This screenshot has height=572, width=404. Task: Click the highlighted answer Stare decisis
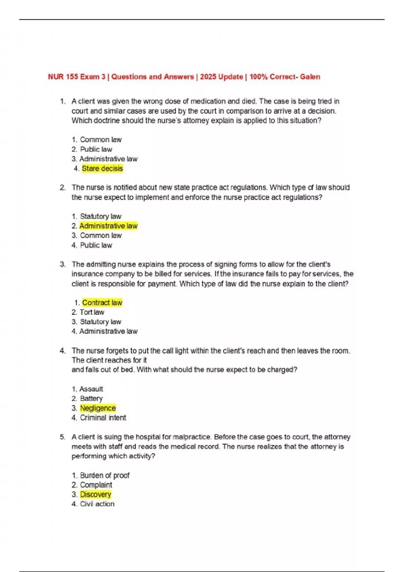(102, 168)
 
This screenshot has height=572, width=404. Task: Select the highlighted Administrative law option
(108, 226)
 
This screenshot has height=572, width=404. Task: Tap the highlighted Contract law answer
(102, 302)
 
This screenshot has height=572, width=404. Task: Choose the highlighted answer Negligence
(98, 408)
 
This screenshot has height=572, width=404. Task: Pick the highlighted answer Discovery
(96, 494)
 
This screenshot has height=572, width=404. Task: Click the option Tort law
(92, 312)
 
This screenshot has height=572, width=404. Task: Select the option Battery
(91, 398)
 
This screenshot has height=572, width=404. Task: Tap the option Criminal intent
(103, 418)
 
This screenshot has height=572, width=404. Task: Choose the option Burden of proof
(105, 475)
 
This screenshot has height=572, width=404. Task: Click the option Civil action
(97, 504)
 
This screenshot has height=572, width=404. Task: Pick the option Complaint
(96, 485)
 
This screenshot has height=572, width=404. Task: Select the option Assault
(91, 389)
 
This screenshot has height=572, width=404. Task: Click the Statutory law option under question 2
(100, 216)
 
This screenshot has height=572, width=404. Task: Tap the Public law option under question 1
(96, 149)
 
